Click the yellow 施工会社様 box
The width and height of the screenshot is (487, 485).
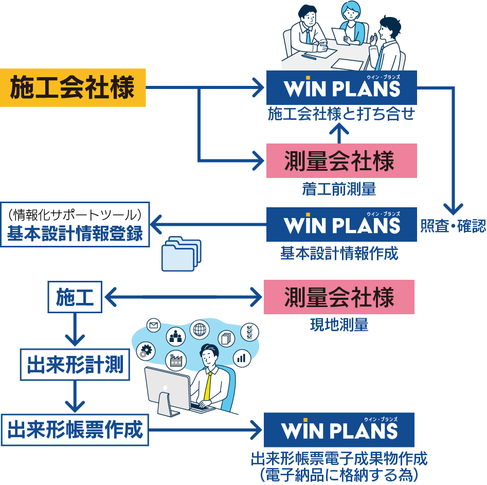click(73, 87)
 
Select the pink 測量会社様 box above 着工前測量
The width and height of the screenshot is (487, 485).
click(341, 161)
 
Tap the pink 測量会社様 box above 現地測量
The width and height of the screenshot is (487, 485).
click(339, 297)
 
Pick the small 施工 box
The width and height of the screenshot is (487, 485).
click(75, 297)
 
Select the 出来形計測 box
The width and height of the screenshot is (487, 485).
click(75, 365)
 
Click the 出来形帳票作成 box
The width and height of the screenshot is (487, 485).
click(75, 430)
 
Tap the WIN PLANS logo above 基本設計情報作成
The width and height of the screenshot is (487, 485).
click(341, 224)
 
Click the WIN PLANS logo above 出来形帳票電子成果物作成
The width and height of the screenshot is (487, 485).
click(339, 429)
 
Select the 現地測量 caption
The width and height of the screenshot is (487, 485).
click(339, 325)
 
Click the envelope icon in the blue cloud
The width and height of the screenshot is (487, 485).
click(153, 325)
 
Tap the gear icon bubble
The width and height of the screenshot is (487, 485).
click(146, 351)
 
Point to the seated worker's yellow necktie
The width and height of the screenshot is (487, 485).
click(208, 385)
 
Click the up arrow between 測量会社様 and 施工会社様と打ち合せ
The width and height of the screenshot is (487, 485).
click(339, 132)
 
